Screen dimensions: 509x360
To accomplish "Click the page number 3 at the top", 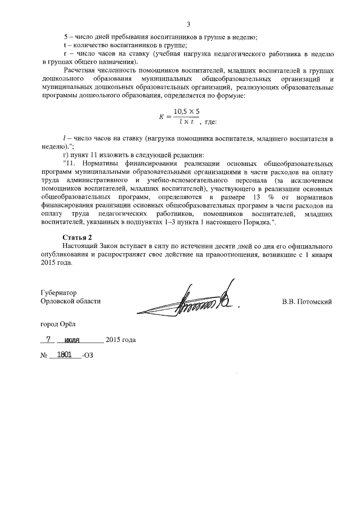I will [189, 24].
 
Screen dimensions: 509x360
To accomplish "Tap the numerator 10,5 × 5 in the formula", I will [187, 111].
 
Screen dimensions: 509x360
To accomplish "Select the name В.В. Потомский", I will [307, 301].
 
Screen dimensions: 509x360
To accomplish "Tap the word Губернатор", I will [59, 293].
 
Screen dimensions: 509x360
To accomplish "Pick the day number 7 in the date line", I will [49, 340].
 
